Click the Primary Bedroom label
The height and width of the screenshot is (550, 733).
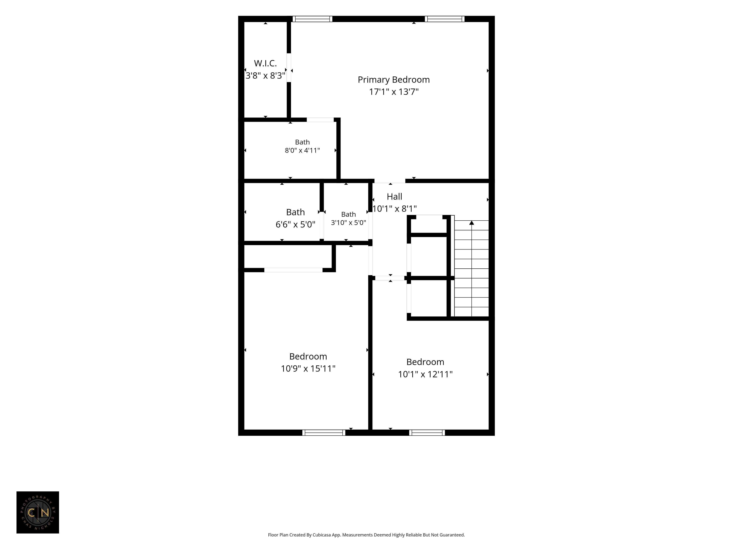tap(394, 80)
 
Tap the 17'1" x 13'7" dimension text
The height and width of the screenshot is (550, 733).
tap(394, 92)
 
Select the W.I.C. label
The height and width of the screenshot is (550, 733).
tap(265, 63)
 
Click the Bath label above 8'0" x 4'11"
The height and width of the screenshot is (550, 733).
tap(302, 142)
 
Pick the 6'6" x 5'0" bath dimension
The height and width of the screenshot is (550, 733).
tap(295, 224)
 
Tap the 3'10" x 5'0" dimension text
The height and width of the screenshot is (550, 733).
tap(348, 222)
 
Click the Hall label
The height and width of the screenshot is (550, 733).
tap(394, 197)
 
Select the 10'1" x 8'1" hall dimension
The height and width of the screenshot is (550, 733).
tap(394, 208)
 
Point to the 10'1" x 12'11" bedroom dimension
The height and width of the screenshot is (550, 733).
tap(425, 374)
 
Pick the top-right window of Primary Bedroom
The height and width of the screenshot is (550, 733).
tap(444, 19)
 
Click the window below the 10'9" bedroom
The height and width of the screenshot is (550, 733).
tap(324, 433)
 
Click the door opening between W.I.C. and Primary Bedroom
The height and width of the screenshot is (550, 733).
tap(289, 68)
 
